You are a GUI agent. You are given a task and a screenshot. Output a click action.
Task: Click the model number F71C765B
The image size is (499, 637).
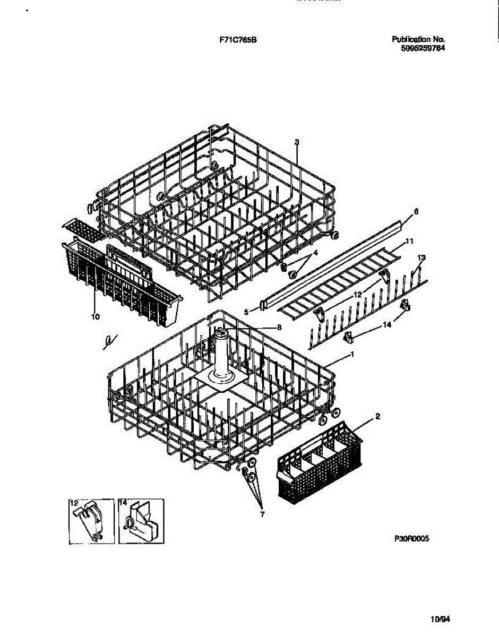(238, 39)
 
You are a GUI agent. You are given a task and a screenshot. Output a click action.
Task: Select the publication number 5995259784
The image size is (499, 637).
(423, 48)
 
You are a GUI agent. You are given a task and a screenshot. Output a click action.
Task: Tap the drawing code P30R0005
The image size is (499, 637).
(411, 538)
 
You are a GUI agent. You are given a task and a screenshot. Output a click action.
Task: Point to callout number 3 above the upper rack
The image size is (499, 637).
(297, 142)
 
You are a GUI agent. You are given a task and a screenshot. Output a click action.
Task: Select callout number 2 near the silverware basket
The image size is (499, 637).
(377, 417)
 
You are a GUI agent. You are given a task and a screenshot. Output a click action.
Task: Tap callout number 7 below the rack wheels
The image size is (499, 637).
(261, 514)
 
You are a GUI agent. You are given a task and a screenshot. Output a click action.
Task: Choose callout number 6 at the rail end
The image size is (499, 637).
(416, 211)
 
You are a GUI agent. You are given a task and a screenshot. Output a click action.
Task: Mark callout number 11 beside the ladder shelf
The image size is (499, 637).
(409, 242)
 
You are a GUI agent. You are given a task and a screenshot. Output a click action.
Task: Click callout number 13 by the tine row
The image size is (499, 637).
(421, 257)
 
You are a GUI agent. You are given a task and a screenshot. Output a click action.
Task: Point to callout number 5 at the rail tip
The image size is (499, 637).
(246, 312)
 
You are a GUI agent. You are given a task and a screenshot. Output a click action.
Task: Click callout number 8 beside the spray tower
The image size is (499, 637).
(279, 328)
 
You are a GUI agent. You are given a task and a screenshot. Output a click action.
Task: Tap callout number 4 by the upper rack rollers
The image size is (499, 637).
(315, 253)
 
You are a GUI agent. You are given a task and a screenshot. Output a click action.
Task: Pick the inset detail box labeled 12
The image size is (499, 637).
(91, 521)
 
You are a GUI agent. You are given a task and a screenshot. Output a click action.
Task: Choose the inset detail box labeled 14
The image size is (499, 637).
(141, 521)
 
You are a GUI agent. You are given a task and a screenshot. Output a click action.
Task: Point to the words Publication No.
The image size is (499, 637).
(418, 39)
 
